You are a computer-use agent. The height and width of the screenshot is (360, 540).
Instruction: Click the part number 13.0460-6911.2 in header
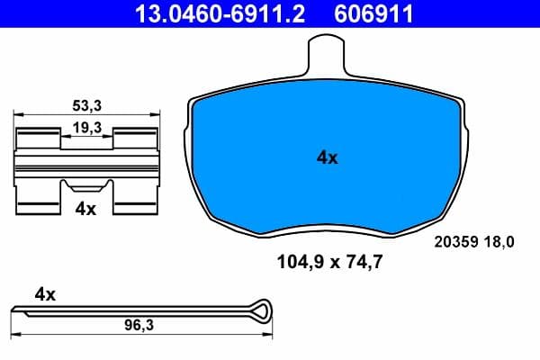[204, 13]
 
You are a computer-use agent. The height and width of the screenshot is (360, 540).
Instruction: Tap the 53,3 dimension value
[87, 104]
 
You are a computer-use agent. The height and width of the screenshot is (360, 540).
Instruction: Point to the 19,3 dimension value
[87, 129]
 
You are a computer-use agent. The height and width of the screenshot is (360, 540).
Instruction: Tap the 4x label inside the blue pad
[327, 158]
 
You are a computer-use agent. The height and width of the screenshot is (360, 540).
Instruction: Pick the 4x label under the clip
[85, 208]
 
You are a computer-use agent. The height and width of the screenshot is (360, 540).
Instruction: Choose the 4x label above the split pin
[45, 293]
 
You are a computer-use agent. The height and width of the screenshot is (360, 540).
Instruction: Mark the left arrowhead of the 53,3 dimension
[19, 114]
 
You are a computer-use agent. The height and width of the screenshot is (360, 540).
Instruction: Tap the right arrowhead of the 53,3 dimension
[157, 114]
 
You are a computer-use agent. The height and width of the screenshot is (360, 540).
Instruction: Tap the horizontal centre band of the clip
[87, 164]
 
